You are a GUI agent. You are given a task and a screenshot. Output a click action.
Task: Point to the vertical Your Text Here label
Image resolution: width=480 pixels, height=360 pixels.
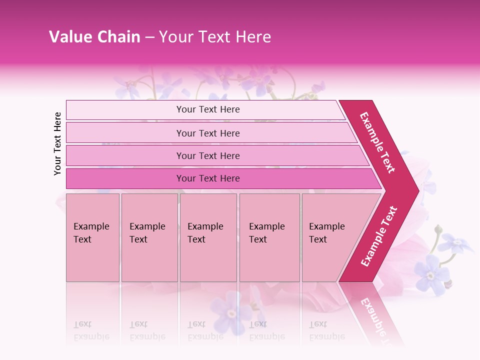pos(57,143)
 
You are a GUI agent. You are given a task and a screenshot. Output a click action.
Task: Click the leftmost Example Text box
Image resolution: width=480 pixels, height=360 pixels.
pos(92,237)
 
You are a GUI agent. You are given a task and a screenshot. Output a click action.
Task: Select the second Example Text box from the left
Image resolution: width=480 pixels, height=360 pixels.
pos(149,237)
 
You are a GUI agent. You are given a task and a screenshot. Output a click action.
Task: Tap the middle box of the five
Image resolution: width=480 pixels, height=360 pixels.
pos(208,237)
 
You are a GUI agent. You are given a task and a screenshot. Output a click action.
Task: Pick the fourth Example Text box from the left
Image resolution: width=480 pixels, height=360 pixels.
pos(269,237)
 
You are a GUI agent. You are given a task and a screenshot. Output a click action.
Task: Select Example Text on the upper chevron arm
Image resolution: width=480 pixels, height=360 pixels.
pos(377,142)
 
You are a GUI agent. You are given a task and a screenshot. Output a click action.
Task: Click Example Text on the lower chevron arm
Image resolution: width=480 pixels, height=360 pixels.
pos(379,236)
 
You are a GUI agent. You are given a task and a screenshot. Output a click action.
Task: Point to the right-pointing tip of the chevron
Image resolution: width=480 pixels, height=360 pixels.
pos(416,190)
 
